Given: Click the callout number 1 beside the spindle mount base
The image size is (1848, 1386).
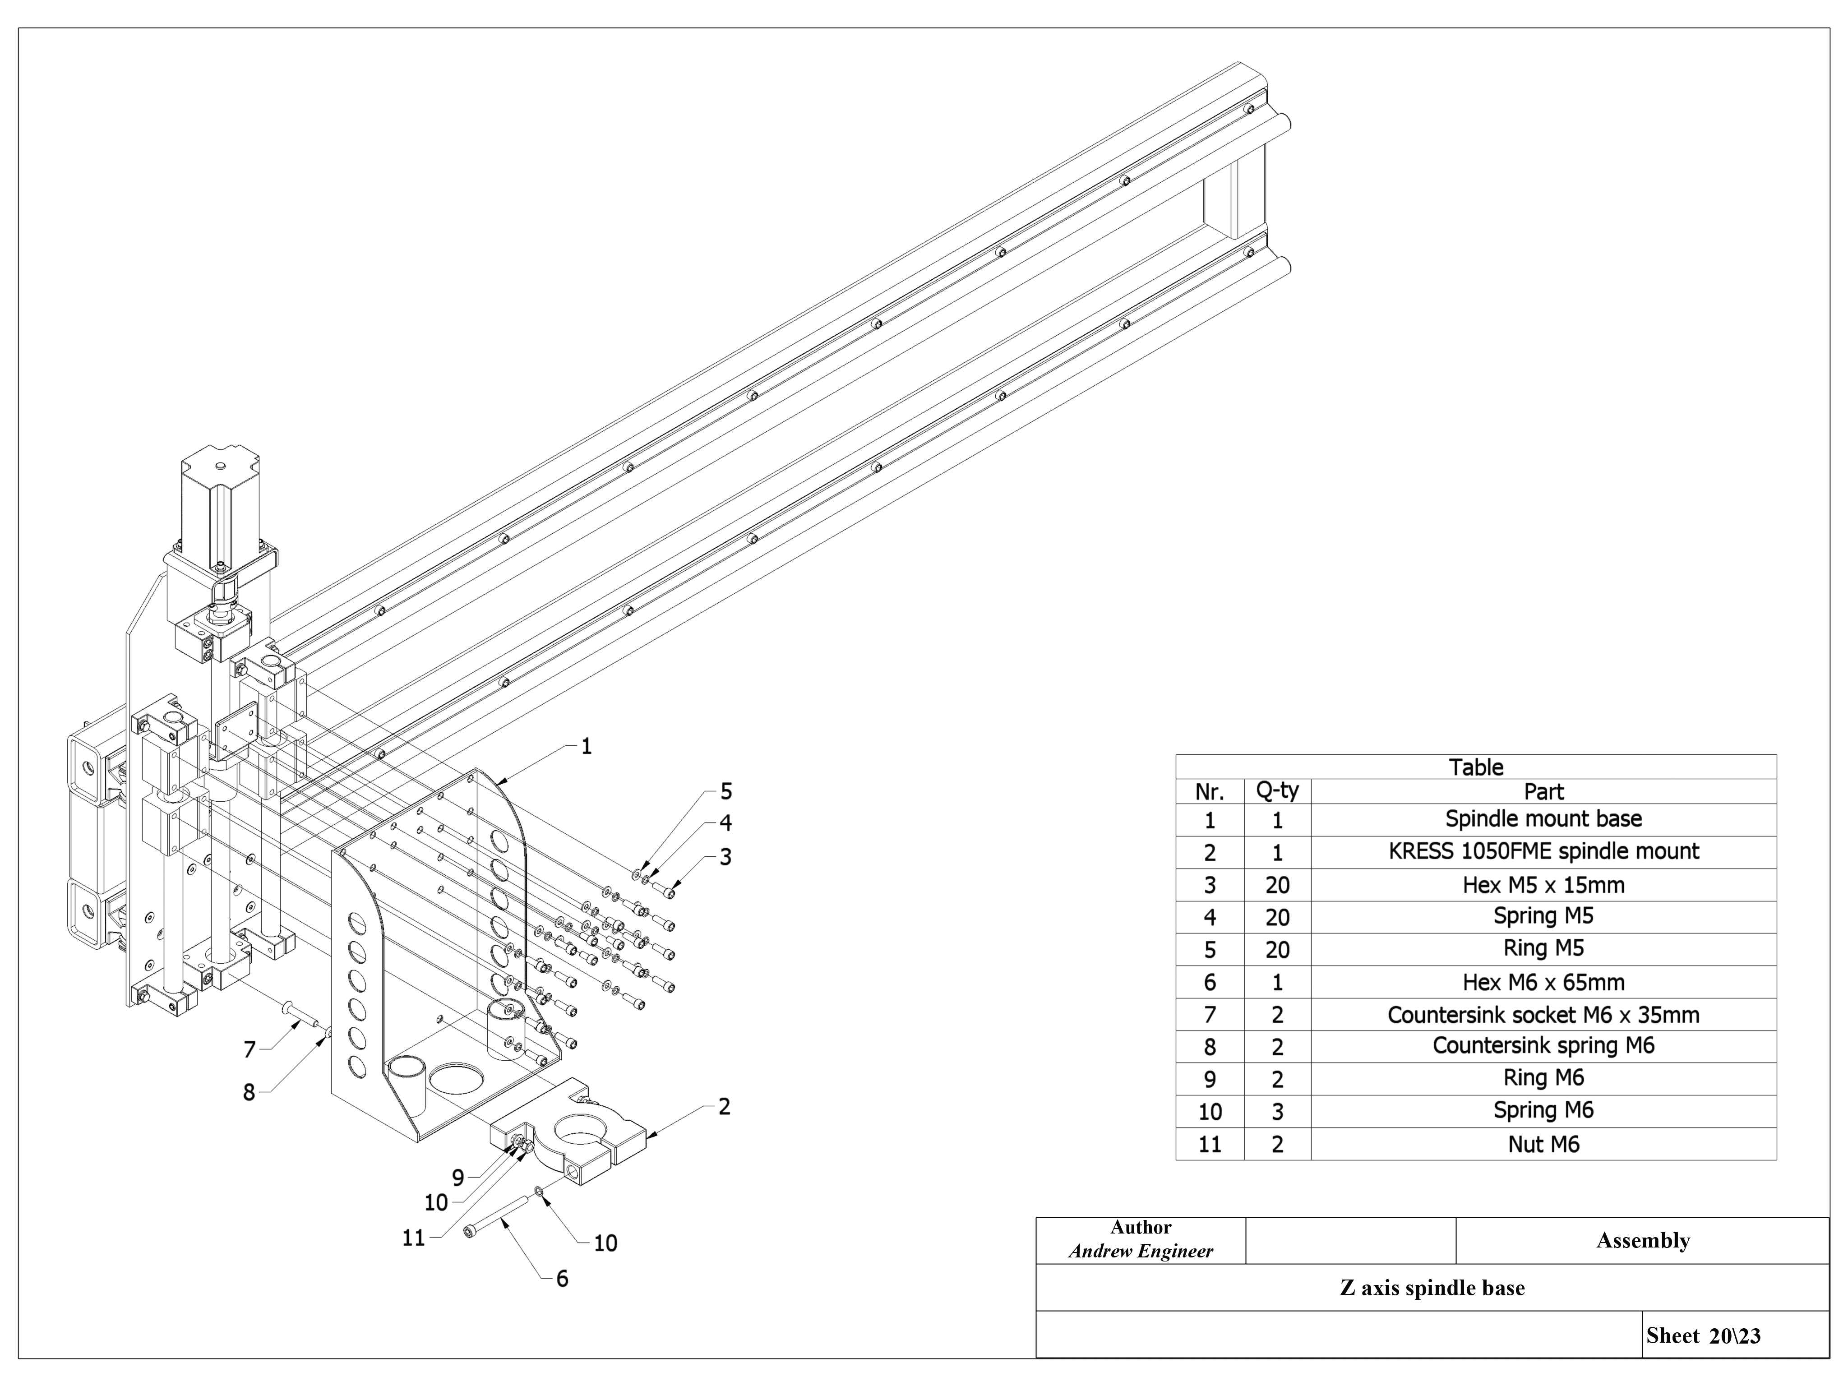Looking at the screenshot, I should pos(587,746).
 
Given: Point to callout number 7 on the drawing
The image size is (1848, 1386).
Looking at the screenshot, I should pos(249,1049).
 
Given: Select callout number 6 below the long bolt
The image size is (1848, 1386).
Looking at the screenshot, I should pos(562,1278).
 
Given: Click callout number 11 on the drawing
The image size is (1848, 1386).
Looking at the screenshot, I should pos(414,1238).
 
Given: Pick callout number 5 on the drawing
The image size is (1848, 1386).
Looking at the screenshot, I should pos(726,791).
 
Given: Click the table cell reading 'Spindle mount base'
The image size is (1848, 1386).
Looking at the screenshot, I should pos(1543,819).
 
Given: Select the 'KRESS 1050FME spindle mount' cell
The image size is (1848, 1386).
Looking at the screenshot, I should pos(1543,851).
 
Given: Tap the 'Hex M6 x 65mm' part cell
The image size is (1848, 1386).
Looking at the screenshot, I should pos(1543,982).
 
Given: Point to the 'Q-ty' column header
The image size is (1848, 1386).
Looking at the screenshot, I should pos(1277,791).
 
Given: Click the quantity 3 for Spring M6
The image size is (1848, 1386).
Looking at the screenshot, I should pos(1277,1111).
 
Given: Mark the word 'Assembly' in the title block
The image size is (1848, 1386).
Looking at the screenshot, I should pos(1642,1241).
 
